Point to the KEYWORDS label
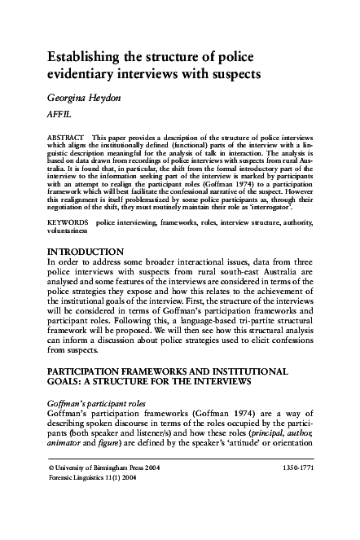click(68, 222)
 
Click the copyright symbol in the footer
click(52, 493)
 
